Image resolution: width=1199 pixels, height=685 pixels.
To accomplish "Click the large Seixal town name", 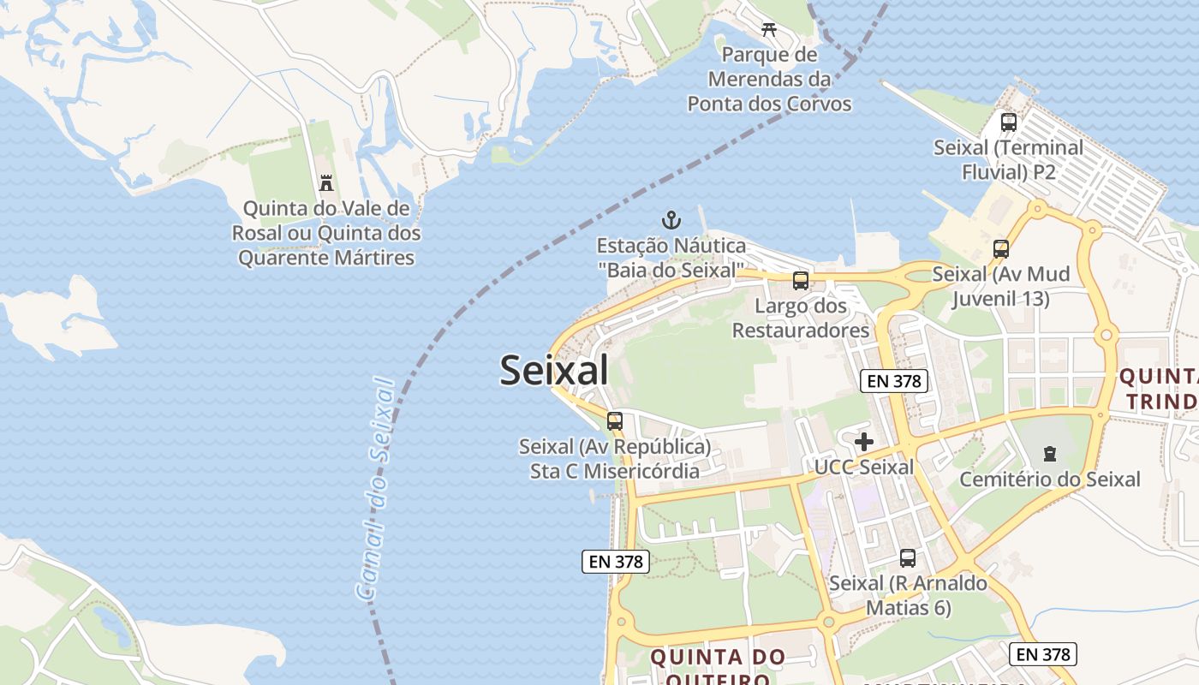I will (x=554, y=370).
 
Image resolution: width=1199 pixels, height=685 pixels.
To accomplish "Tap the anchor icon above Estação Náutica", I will (x=671, y=220).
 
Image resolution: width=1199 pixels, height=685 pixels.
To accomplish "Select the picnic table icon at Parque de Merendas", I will (x=769, y=29).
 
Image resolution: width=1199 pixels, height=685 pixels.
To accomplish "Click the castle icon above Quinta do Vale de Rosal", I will (x=326, y=182).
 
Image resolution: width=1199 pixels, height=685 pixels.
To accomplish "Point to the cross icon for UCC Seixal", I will (x=864, y=442).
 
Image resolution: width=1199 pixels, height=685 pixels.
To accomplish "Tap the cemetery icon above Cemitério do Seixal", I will (x=1050, y=454).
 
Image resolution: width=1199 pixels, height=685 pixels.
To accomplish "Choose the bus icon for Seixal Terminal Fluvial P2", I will (x=1009, y=122).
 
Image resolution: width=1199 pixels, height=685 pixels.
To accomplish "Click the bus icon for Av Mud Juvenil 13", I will (x=1001, y=249).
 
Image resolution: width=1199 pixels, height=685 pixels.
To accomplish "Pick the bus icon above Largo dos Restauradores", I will (x=801, y=280).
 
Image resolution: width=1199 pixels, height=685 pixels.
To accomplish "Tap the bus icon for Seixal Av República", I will (x=615, y=421).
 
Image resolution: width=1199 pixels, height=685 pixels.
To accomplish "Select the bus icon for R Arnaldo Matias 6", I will (x=908, y=558).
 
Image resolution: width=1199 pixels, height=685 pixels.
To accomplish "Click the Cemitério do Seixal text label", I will (x=1050, y=479).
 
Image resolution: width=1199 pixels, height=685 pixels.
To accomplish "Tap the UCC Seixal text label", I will (x=864, y=468).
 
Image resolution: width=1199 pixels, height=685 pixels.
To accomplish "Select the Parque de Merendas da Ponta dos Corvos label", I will (x=769, y=80).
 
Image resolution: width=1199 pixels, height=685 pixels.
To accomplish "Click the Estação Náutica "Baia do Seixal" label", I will (x=671, y=258).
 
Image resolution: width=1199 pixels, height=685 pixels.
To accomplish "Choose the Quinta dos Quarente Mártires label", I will (x=326, y=233).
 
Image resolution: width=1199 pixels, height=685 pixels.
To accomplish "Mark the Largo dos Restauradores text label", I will (x=801, y=318).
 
